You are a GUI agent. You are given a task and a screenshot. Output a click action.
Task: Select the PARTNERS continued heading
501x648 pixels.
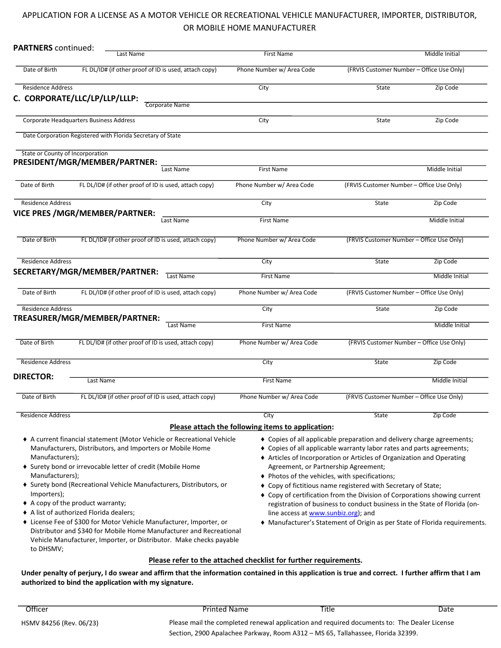(x=53, y=48)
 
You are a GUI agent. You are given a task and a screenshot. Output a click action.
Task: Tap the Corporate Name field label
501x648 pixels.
(x=167, y=105)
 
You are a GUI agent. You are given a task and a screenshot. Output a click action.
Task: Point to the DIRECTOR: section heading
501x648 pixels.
(x=33, y=377)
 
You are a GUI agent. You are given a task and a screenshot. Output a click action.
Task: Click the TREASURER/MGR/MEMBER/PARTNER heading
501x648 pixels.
(x=86, y=318)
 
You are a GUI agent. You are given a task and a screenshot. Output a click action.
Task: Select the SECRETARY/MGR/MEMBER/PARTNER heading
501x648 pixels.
(x=85, y=272)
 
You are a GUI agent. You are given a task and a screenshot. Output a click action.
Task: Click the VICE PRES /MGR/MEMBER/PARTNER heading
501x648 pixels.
(x=84, y=213)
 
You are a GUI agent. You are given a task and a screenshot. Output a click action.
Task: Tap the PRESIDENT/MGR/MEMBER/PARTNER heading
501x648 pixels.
(x=85, y=162)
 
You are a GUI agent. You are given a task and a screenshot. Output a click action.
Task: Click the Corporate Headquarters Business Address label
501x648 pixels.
(x=79, y=121)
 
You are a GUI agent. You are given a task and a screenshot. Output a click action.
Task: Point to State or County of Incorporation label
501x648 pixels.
(x=64, y=154)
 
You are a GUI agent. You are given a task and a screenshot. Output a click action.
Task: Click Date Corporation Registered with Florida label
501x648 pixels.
(x=101, y=136)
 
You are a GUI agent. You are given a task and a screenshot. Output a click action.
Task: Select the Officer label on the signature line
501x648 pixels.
(x=37, y=609)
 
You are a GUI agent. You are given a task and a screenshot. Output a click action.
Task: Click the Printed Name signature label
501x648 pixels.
(x=225, y=609)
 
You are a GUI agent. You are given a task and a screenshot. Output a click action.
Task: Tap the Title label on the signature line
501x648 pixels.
(x=327, y=609)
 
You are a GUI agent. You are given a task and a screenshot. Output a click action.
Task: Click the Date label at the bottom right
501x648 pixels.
(x=446, y=609)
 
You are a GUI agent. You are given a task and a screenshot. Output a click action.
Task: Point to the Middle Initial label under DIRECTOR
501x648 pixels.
(x=449, y=381)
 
